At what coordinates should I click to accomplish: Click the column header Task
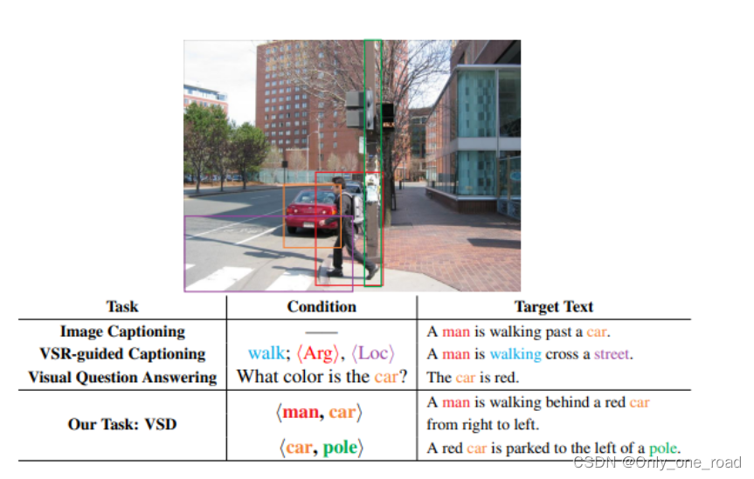122,307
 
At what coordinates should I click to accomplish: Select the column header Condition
322,307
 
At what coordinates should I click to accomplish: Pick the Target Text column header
553,307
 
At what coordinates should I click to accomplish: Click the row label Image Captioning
122,332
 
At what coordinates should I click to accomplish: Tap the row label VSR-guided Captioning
122,354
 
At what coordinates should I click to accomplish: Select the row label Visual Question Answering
122,377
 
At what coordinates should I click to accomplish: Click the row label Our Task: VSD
122,424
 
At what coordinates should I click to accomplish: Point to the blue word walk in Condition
266,354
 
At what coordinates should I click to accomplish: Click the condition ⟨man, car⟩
321,412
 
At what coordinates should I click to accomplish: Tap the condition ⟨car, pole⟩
321,448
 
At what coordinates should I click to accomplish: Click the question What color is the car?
322,377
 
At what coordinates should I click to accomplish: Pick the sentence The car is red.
472,378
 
